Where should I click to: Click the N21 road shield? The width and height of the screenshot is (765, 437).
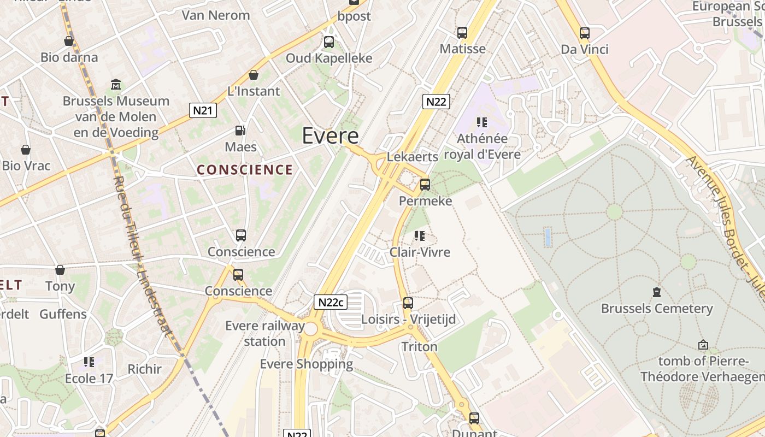(x=203, y=110)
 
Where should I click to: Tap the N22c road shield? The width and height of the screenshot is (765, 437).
(x=331, y=302)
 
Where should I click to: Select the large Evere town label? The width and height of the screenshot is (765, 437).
(x=330, y=136)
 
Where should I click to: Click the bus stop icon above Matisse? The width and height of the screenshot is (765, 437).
(x=462, y=33)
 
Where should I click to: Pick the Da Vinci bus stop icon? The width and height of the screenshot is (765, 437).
(x=585, y=33)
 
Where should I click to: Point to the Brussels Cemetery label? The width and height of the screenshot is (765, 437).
(x=657, y=309)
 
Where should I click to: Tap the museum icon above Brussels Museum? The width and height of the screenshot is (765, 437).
(x=116, y=85)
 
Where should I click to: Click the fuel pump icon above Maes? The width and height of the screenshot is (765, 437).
(x=240, y=131)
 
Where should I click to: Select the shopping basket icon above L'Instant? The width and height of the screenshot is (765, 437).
(x=254, y=75)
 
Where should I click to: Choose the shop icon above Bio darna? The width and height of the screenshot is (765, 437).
(x=69, y=41)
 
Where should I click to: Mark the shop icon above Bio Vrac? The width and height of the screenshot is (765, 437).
(x=26, y=150)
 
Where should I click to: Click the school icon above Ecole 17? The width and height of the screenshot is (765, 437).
(x=89, y=362)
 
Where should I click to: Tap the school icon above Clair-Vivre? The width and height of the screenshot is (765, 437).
(x=420, y=236)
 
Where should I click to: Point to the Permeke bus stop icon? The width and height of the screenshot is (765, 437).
(x=425, y=185)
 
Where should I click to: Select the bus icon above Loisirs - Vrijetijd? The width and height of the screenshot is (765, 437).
(x=408, y=303)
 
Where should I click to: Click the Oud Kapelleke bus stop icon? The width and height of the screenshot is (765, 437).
(x=329, y=42)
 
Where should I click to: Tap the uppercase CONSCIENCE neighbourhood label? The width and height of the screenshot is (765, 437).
(x=245, y=170)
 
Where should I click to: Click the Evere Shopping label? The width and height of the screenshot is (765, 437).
(x=306, y=364)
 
